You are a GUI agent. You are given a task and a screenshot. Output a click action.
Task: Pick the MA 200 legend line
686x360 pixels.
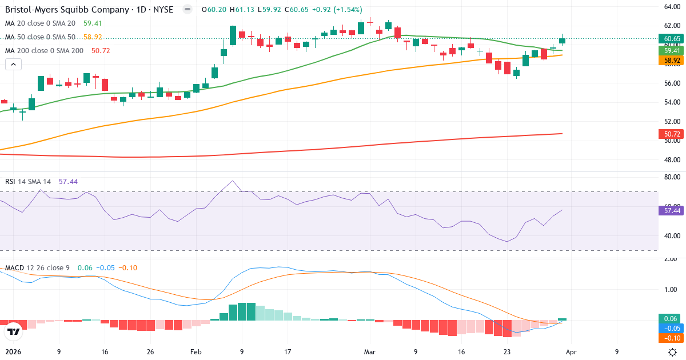44,50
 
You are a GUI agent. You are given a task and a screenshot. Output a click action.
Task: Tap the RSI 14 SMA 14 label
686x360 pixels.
28,181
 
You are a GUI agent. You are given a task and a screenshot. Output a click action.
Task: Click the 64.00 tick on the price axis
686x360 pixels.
671,7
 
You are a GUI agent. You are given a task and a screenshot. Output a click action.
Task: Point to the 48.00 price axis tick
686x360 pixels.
671,159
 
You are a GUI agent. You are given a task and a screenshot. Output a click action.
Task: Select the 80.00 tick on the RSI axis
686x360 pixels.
671,177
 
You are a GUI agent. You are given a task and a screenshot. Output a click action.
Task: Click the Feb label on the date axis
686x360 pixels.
196,352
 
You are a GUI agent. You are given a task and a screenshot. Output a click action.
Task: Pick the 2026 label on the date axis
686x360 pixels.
13,352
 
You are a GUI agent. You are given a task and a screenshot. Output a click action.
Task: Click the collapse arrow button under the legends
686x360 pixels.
13,65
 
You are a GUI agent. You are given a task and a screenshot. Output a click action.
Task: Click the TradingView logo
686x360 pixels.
14,331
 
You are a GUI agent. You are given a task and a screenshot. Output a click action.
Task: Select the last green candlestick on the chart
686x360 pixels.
563,40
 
